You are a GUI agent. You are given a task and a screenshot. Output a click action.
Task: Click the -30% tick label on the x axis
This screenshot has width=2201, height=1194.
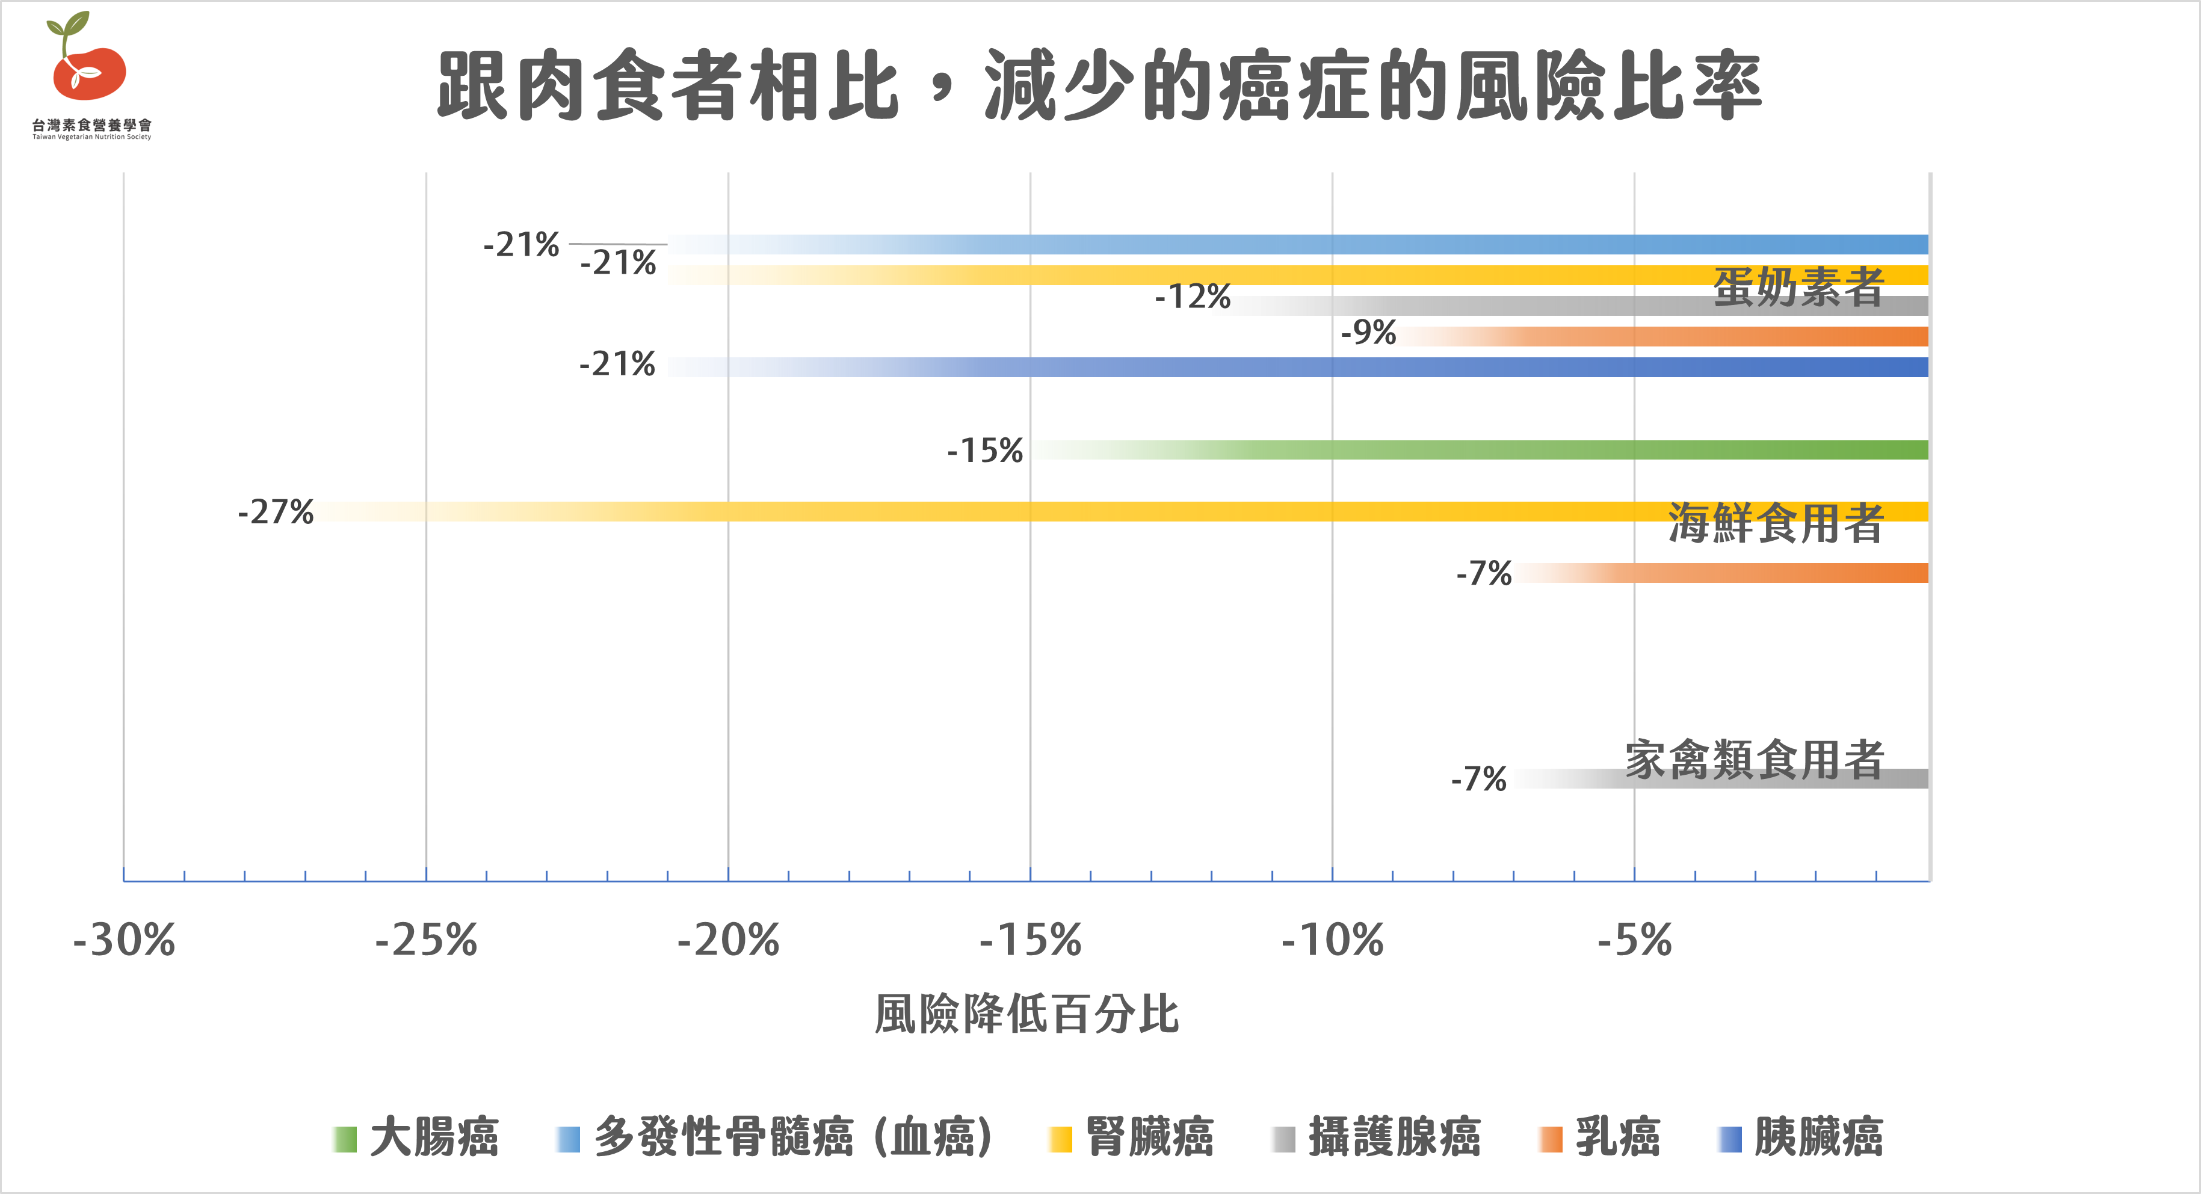pyautogui.click(x=124, y=940)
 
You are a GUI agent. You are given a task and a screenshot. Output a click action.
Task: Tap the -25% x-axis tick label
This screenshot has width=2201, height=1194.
pyautogui.click(x=427, y=940)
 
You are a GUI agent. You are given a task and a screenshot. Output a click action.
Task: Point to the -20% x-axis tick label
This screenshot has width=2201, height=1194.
pyautogui.click(x=728, y=940)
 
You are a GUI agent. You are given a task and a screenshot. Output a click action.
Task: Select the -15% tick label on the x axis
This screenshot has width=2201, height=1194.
pyautogui.click(x=1031, y=940)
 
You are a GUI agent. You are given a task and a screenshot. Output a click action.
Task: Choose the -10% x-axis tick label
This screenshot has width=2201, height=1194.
pyautogui.click(x=1332, y=940)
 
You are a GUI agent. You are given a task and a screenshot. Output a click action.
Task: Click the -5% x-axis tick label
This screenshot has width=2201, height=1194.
pyautogui.click(x=1635, y=940)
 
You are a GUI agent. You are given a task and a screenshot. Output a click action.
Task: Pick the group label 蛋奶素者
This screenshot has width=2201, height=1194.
pyautogui.click(x=1798, y=287)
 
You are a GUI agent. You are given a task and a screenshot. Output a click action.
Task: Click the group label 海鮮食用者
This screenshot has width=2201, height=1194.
pyautogui.click(x=1776, y=523)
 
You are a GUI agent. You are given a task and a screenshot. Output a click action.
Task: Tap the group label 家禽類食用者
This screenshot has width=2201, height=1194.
pyautogui.click(x=1754, y=759)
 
